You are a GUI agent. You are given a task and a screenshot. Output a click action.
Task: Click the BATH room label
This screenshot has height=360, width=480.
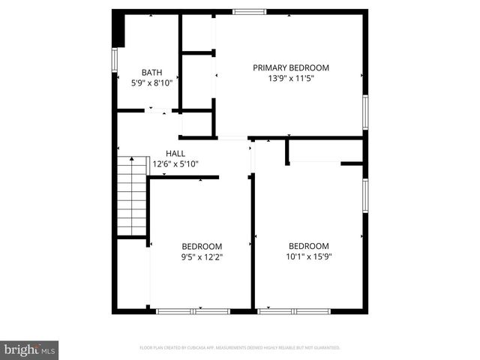click(151, 73)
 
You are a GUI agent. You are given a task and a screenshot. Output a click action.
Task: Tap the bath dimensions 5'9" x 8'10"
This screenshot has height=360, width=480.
click(151, 83)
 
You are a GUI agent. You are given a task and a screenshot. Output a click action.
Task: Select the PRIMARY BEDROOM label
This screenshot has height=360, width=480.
click(290, 67)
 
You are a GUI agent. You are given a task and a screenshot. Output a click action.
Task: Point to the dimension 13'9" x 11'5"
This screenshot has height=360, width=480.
click(290, 78)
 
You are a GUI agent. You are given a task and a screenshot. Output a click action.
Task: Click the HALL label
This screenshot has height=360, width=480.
click(175, 153)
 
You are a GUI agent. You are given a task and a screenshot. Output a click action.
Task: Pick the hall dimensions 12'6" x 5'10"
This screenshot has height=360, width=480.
click(175, 163)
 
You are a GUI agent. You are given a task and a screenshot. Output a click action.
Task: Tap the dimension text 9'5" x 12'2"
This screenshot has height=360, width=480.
click(202, 257)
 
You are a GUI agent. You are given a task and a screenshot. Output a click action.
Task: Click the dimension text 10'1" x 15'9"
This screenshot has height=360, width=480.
click(309, 256)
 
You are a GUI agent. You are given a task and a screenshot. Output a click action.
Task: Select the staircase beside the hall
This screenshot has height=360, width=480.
click(131, 197)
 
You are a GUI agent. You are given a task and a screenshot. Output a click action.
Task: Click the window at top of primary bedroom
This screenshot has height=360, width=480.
click(249, 11)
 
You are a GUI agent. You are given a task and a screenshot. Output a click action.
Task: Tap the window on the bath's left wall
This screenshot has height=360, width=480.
click(115, 60)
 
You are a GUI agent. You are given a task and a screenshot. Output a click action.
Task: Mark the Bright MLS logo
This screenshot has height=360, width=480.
click(29, 349)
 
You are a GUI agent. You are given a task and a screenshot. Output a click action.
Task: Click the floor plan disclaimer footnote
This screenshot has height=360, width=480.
click(240, 348)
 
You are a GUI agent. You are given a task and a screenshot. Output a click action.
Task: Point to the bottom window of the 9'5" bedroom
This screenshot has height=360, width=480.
click(193, 310)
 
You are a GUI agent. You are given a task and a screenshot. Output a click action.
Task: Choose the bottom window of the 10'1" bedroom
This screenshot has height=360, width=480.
click(294, 310)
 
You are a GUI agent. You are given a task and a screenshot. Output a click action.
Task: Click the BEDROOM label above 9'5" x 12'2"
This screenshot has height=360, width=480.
click(202, 247)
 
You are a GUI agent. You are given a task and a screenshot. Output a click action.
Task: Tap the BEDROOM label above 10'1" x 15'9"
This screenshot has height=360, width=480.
click(309, 246)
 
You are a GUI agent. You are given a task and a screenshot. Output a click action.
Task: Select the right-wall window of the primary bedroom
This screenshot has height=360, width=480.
click(365, 111)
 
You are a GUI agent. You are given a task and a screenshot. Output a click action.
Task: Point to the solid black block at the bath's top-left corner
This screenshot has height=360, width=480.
click(118, 29)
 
